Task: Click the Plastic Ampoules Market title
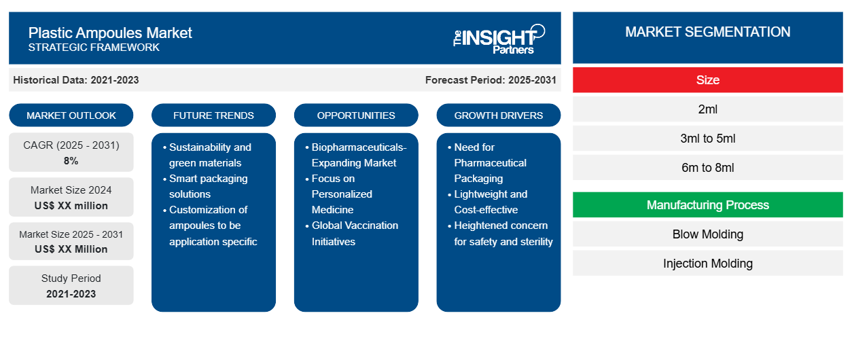tap(110, 33)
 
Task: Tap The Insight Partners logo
tap(499, 39)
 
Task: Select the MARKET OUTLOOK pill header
tap(71, 115)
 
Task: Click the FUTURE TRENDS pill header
tap(213, 115)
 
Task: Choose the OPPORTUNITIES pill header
tap(356, 115)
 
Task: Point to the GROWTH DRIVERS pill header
tap(499, 115)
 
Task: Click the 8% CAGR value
tap(71, 161)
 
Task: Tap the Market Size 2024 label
tap(71, 190)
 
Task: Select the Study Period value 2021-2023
tap(71, 294)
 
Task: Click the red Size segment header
tap(707, 80)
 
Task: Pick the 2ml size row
tap(707, 109)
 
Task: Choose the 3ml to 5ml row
tap(707, 139)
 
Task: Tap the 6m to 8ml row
tap(707, 168)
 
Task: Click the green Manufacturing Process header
tap(707, 205)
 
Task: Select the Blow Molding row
tap(707, 234)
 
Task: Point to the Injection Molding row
tap(707, 264)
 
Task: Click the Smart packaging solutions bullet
tap(208, 186)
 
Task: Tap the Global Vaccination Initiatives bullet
tap(355, 233)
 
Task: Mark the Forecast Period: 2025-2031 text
tap(491, 80)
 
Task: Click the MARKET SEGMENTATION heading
tap(707, 32)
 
